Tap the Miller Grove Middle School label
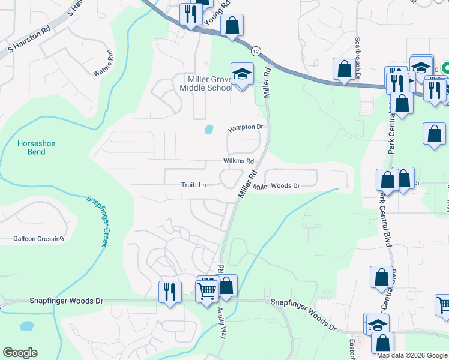pos(206,83)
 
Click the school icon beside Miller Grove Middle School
pos(242,74)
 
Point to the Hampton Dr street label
pos(246,127)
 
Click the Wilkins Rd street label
pos(238,161)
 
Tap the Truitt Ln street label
pos(194,185)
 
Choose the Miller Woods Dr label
pos(276,186)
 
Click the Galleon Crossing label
pos(38,239)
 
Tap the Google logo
pos(20,353)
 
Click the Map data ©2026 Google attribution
pos(412,355)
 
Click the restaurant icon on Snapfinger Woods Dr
pos(170,292)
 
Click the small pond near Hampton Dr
pos(209,129)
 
